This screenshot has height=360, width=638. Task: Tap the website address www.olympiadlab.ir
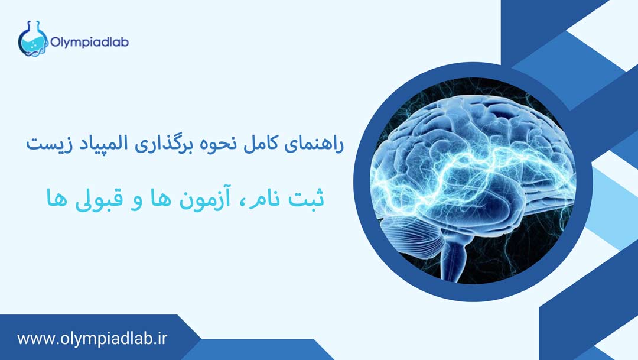[x=93, y=339]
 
